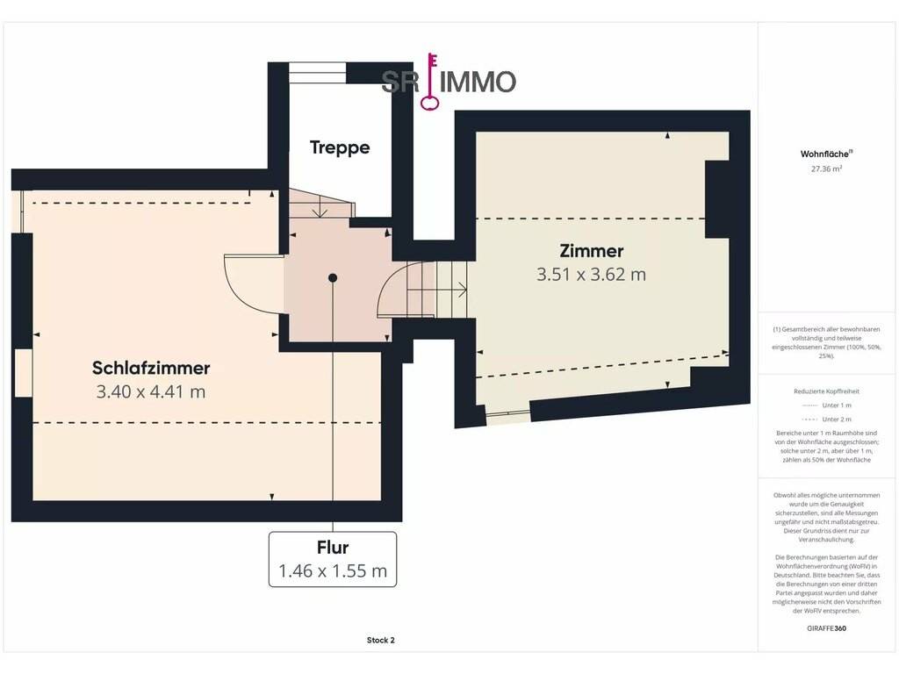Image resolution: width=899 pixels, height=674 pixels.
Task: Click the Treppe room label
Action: point(340,147)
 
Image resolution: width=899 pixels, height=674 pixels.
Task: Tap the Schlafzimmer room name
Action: point(151,368)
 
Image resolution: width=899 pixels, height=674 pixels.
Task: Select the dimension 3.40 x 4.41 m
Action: point(151,392)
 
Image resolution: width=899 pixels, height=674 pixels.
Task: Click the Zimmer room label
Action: point(591,250)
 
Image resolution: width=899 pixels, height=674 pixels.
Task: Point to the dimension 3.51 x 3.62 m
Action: point(591,275)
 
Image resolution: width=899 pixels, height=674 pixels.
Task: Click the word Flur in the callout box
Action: point(333,548)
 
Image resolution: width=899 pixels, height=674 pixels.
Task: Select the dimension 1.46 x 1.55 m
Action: point(333,570)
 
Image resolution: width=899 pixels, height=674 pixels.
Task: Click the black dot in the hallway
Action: point(333,278)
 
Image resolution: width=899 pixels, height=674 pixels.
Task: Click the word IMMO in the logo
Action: point(478,82)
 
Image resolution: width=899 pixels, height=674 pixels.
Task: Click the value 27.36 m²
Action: point(826,169)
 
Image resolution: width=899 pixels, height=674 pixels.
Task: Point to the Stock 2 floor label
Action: point(381,640)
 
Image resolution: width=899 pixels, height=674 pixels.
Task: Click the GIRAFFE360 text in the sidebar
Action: point(826,628)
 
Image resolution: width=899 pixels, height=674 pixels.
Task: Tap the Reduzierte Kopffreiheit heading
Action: point(826,391)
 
